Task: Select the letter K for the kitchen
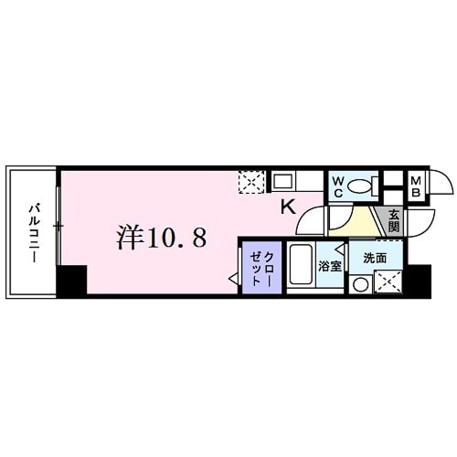pyautogui.click(x=287, y=207)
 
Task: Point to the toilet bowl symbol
pyautogui.click(x=367, y=186)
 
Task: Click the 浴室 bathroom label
pyautogui.click(x=329, y=266)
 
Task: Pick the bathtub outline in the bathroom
pyautogui.click(x=302, y=266)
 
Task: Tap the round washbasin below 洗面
pyautogui.click(x=361, y=284)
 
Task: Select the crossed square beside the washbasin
pyautogui.click(x=388, y=283)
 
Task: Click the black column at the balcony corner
pyautogui.click(x=71, y=280)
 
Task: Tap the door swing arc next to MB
pyautogui.click(x=440, y=184)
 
